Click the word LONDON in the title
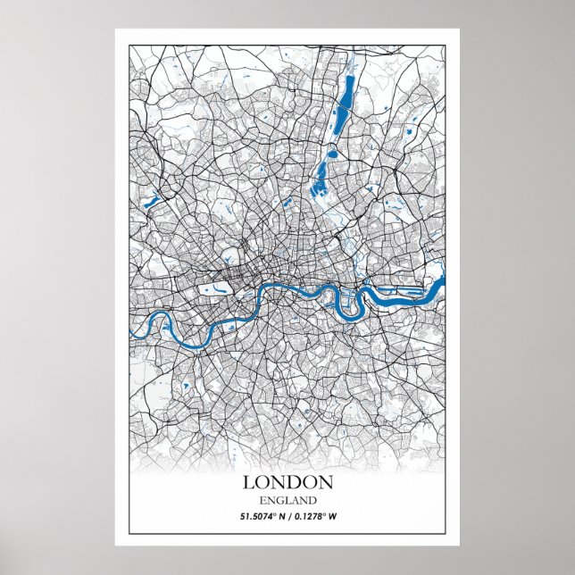pyautogui.click(x=287, y=482)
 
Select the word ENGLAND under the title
pyautogui.click(x=287, y=500)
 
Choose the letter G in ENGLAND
pyautogui.click(x=277, y=500)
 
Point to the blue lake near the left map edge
pyautogui.click(x=151, y=201)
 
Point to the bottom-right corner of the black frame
pyautogui.click(x=446, y=532)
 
